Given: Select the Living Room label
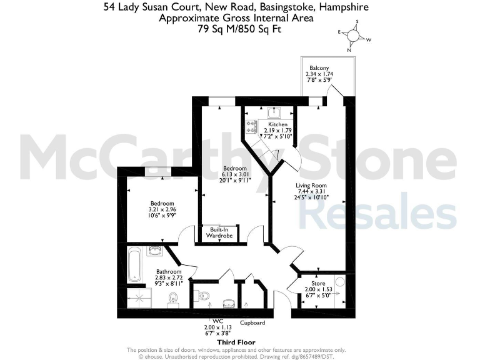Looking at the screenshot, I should (311, 185).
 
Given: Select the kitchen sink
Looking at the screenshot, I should (274, 112).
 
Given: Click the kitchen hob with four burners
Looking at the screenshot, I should (252, 127).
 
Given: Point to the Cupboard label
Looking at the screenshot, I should (253, 322).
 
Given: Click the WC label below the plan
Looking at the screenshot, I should (217, 321).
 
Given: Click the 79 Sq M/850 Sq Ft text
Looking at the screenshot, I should (236, 28).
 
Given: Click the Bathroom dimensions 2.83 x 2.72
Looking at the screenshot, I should (169, 279).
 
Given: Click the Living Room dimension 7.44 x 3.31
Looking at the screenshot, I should (311, 191).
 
